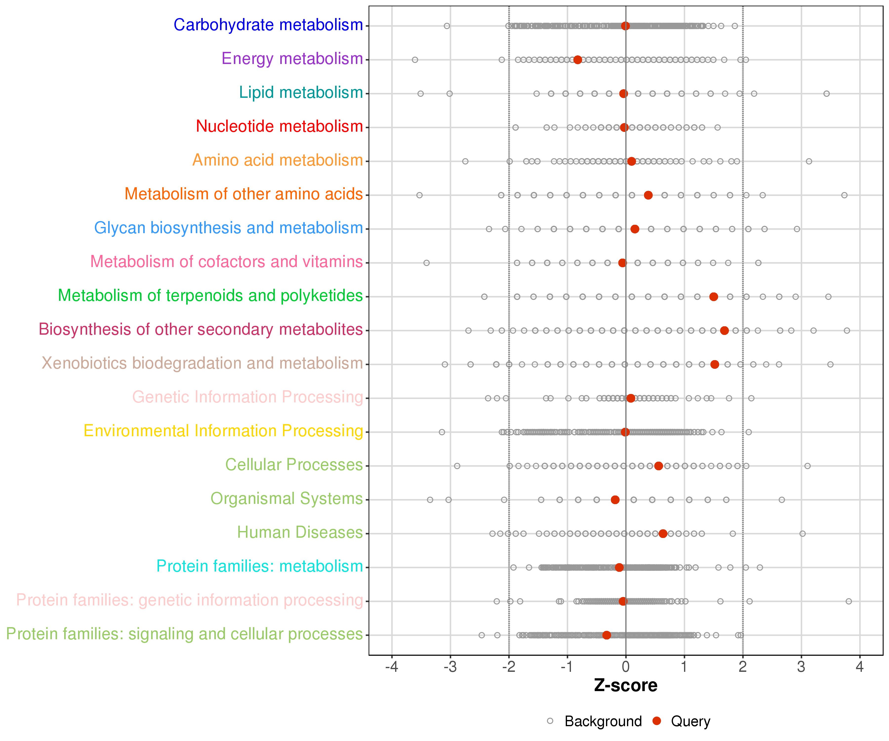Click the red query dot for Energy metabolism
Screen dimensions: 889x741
pyautogui.click(x=577, y=60)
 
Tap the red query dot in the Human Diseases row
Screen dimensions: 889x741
pyautogui.click(x=663, y=534)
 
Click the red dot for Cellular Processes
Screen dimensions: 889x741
pyautogui.click(x=658, y=466)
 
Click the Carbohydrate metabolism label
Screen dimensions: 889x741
pyautogui.click(x=268, y=25)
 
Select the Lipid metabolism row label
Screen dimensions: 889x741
pyautogui.click(x=301, y=93)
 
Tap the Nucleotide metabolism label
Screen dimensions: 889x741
pyautogui.click(x=279, y=127)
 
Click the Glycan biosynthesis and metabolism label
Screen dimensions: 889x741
pyautogui.click(x=229, y=228)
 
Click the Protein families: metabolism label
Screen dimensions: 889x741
pyautogui.click(x=260, y=567)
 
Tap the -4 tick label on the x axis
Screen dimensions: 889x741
pyautogui.click(x=392, y=667)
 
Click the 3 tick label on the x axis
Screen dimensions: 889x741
pyautogui.click(x=801, y=667)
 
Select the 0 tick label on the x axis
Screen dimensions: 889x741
pyautogui.click(x=626, y=667)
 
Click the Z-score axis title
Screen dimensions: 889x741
pyautogui.click(x=626, y=685)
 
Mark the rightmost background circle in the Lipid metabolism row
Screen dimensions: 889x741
pyautogui.click(x=826, y=94)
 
